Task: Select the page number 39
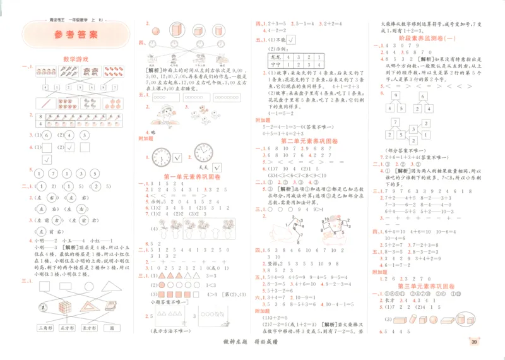tap(473, 343)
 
